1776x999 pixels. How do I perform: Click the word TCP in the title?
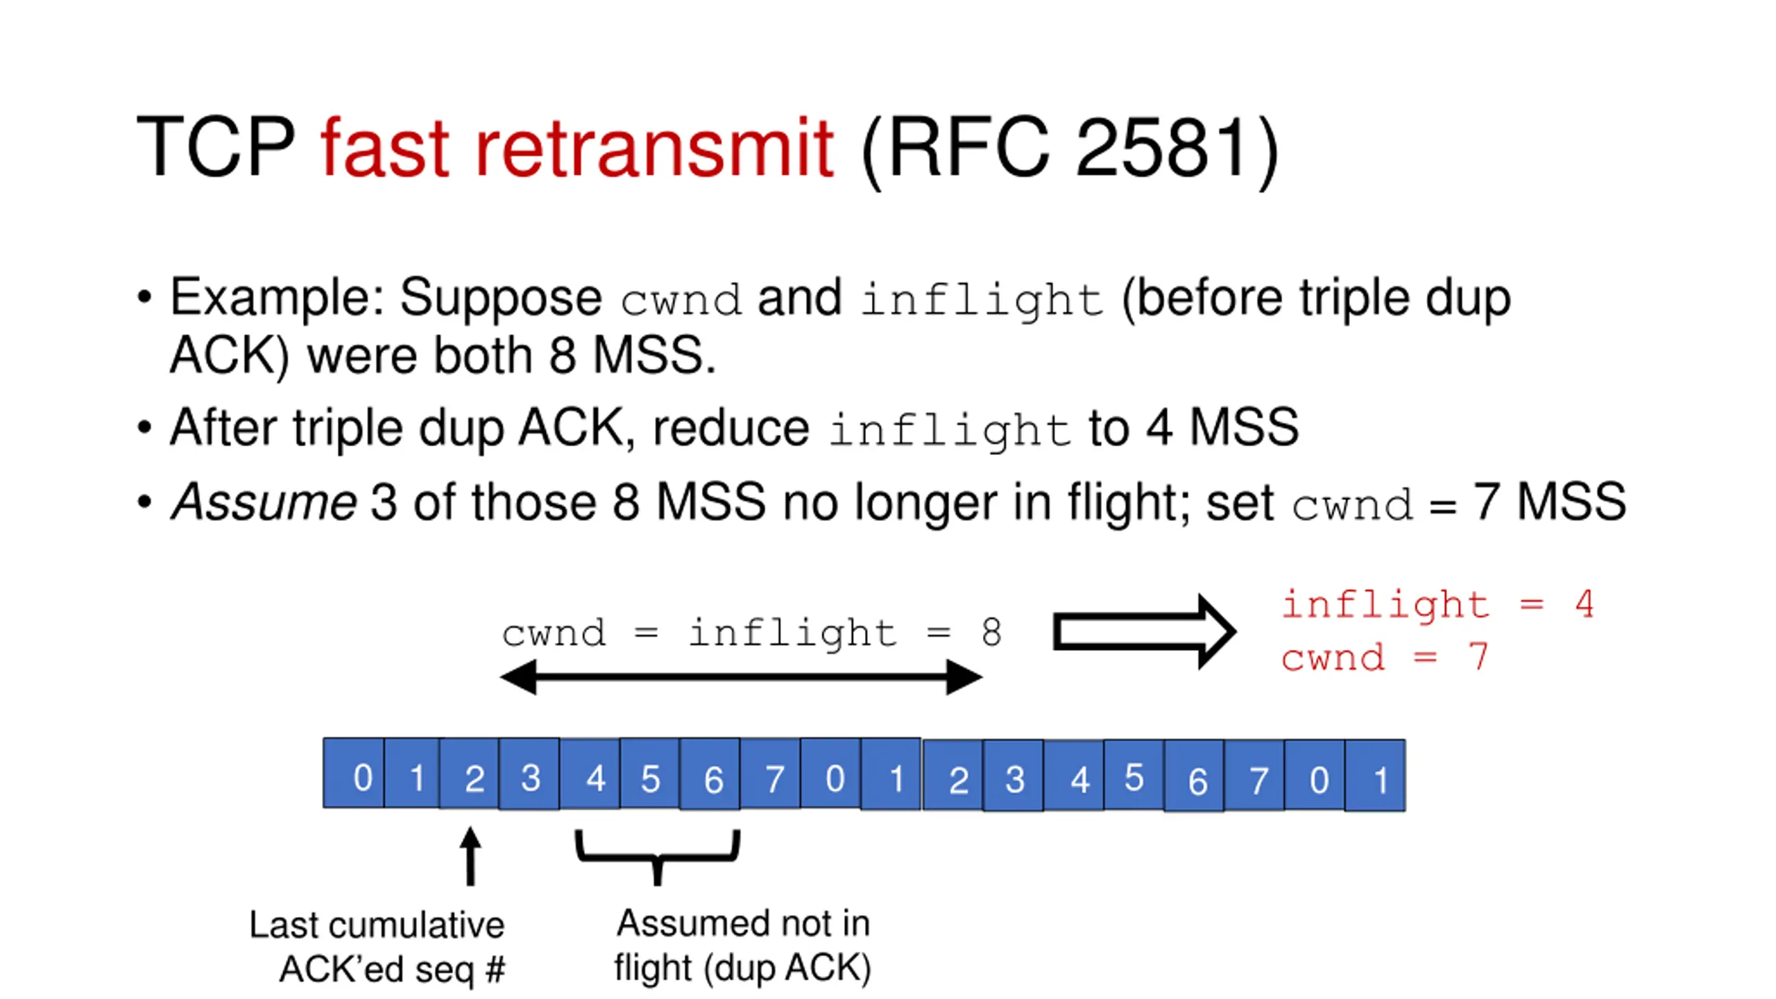[216, 147]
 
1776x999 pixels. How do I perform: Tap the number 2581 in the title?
[1163, 147]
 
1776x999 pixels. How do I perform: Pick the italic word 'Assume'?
[264, 502]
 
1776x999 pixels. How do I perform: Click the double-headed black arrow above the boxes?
[741, 677]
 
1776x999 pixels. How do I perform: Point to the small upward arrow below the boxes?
[470, 856]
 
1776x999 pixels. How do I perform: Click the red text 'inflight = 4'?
[1437, 604]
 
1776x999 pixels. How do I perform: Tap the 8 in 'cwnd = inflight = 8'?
[991, 632]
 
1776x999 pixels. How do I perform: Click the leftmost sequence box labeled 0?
[353, 774]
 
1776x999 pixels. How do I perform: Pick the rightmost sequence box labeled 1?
[1375, 776]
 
